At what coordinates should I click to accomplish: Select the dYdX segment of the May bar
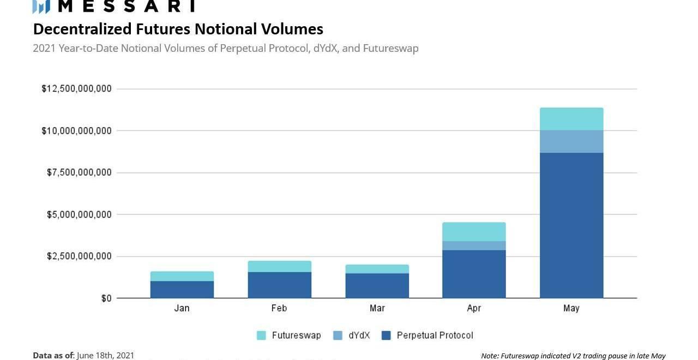pyautogui.click(x=571, y=141)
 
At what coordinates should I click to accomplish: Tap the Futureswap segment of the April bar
pyautogui.click(x=474, y=232)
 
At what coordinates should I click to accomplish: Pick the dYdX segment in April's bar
pyautogui.click(x=474, y=245)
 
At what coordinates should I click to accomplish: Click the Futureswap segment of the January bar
pyautogui.click(x=182, y=276)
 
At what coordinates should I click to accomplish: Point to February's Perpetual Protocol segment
pyautogui.click(x=279, y=285)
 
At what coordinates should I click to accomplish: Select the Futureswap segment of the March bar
pyautogui.click(x=377, y=269)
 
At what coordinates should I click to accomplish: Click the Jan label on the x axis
pyautogui.click(x=182, y=308)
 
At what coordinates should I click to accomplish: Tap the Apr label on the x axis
pyautogui.click(x=474, y=308)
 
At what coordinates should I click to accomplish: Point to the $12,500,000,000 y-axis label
pyautogui.click(x=76, y=89)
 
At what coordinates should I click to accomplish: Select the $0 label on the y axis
pyautogui.click(x=106, y=298)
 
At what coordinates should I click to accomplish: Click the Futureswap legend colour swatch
pyautogui.click(x=261, y=335)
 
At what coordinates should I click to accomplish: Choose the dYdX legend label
pyautogui.click(x=359, y=335)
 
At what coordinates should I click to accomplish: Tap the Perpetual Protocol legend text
pyautogui.click(x=435, y=335)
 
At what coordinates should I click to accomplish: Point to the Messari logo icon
pyautogui.click(x=41, y=7)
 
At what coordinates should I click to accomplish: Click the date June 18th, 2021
pyautogui.click(x=105, y=356)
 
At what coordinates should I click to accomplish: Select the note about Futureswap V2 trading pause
pyautogui.click(x=573, y=356)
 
